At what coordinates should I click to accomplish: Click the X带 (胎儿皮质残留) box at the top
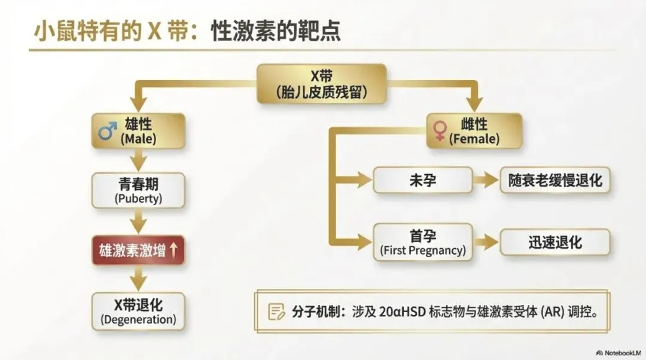pyautogui.click(x=321, y=84)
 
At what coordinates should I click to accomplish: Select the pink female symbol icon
pyautogui.click(x=440, y=131)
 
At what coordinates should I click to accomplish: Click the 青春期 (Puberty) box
pyautogui.click(x=138, y=190)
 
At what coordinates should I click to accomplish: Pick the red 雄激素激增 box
pyautogui.click(x=138, y=251)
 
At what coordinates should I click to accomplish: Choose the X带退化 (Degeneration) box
pyautogui.click(x=138, y=311)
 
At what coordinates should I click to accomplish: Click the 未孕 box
pyautogui.click(x=422, y=180)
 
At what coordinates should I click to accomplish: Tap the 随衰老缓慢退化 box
pyautogui.click(x=554, y=180)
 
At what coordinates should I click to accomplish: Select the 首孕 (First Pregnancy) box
pyautogui.click(x=422, y=242)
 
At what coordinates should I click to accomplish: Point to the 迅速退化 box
pyautogui.click(x=554, y=242)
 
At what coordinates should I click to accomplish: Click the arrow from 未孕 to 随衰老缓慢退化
pyautogui.click(x=486, y=180)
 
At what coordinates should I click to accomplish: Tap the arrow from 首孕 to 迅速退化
pyautogui.click(x=486, y=242)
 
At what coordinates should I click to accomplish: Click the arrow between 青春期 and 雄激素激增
pyautogui.click(x=139, y=222)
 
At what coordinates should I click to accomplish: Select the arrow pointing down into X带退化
pyautogui.click(x=139, y=279)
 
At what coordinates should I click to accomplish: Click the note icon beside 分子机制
pyautogui.click(x=276, y=312)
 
